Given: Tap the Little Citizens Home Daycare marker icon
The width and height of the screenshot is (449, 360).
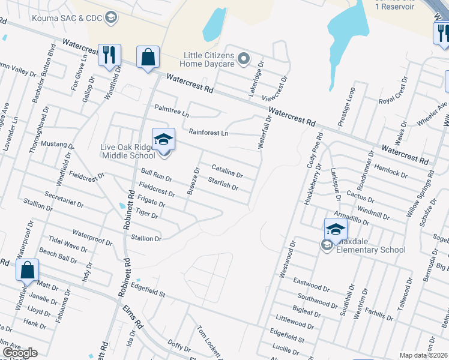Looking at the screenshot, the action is (x=244, y=59).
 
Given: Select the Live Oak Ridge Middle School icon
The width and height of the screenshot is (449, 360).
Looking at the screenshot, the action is (x=163, y=140).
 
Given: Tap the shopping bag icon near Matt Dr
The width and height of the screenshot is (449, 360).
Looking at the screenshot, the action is (x=28, y=271).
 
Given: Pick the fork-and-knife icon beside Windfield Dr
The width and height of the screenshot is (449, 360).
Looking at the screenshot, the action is (x=109, y=55).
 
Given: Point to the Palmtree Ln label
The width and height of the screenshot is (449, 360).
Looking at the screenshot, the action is (x=172, y=111).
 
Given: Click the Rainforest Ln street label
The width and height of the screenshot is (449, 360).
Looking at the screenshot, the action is (x=208, y=132).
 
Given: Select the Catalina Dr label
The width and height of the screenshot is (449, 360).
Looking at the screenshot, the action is (x=226, y=171).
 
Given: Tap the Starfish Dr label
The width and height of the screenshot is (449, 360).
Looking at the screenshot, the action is (x=223, y=184).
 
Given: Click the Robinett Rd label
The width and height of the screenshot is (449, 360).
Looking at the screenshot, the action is (x=128, y=207).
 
